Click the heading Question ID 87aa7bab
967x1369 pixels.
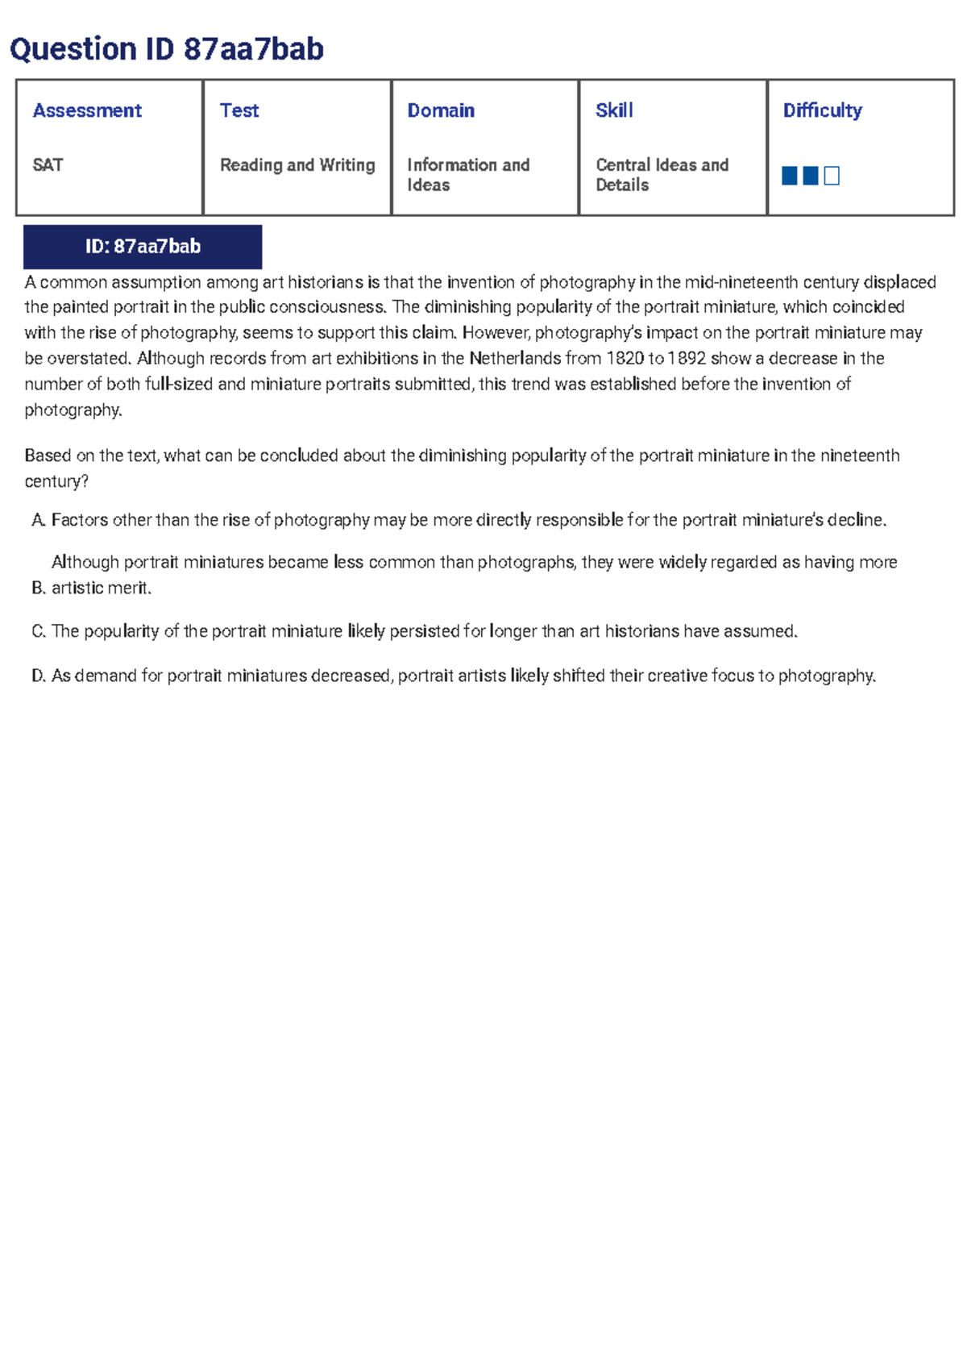[167, 49]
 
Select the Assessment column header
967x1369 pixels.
[87, 110]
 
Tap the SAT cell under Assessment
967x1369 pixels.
[48, 165]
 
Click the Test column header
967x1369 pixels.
[239, 110]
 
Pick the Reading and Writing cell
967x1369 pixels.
[297, 165]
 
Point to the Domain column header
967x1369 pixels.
[441, 110]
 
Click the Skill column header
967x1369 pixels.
[614, 110]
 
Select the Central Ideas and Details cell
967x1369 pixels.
[662, 175]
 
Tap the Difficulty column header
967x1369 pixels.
[822, 110]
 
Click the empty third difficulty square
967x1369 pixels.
[832, 176]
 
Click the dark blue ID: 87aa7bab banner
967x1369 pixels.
[143, 247]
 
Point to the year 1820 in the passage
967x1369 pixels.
[625, 359]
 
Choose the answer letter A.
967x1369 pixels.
[38, 521]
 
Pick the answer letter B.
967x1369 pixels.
[38, 589]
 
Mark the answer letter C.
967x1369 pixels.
[38, 632]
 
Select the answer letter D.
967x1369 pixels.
[38, 676]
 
